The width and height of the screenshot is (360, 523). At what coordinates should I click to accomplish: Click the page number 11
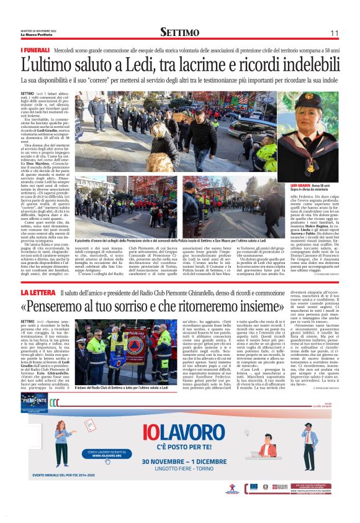(x=334, y=33)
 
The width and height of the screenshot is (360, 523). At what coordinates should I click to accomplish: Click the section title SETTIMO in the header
(x=179, y=32)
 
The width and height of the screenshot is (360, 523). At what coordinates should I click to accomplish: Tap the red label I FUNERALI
(x=35, y=49)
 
